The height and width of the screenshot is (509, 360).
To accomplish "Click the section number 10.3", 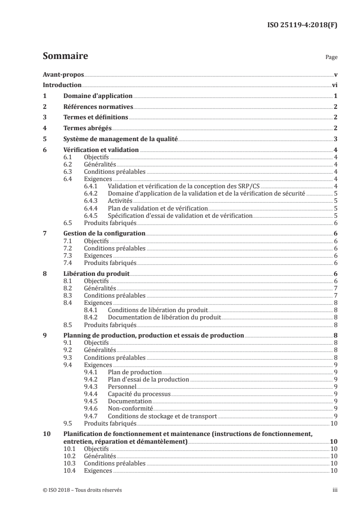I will tap(70, 476).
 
